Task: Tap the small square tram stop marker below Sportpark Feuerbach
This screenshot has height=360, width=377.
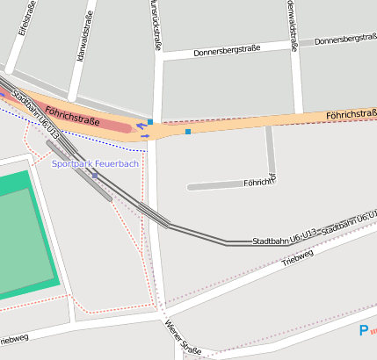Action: [x=95, y=176]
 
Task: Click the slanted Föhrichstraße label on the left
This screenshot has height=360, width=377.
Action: [x=71, y=114]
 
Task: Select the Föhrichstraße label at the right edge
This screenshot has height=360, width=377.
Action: [x=351, y=115]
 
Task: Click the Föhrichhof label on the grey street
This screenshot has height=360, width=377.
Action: [x=258, y=184]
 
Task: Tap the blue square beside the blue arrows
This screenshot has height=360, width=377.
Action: [x=150, y=122]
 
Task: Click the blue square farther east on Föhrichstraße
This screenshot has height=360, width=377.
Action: [x=187, y=132]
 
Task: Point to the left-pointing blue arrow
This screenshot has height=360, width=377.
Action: [x=141, y=126]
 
